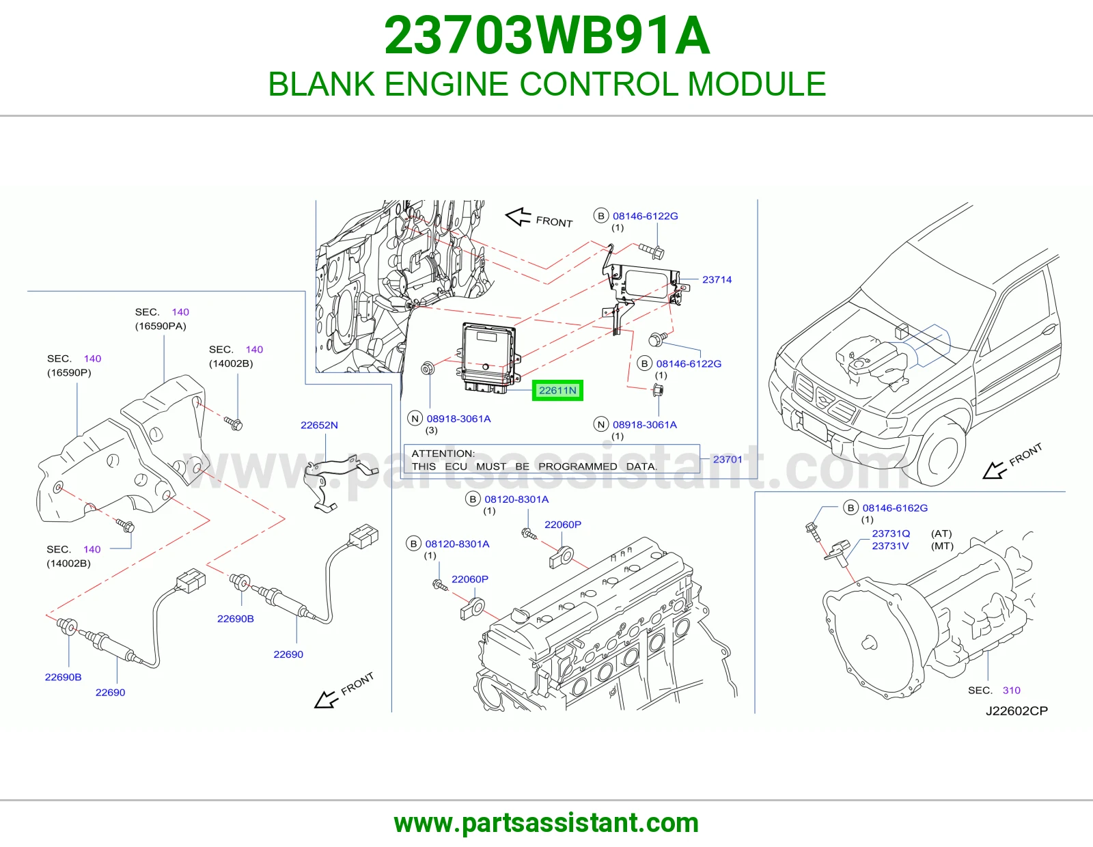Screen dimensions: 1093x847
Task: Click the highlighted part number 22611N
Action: coord(557,390)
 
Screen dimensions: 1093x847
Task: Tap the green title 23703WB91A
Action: coord(546,36)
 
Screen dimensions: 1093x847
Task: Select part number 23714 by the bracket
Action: coord(717,279)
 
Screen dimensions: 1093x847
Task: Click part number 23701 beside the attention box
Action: coord(728,459)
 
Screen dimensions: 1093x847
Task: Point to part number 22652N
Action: coord(319,425)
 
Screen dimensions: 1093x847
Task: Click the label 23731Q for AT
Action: coord(891,533)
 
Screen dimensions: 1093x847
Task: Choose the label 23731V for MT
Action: coord(890,546)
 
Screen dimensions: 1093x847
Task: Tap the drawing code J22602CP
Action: coord(1016,710)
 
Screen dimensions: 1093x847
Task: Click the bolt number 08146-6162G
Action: coord(895,508)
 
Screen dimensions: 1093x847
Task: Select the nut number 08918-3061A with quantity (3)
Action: coord(458,419)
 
